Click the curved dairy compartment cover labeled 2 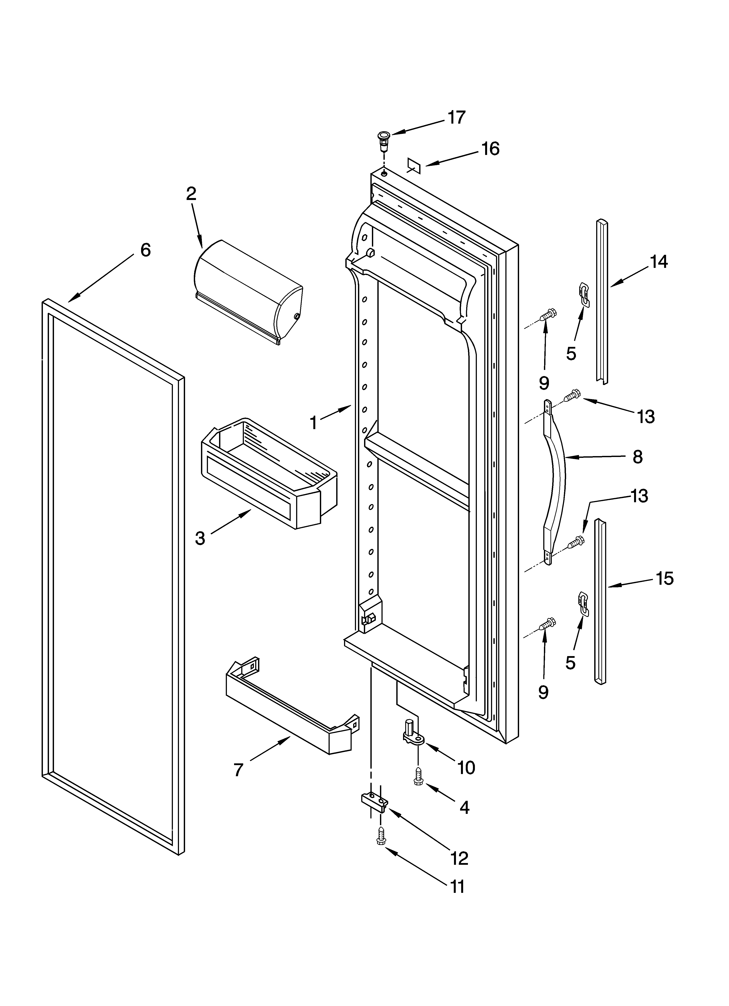point(249,291)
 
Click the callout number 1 point(314,423)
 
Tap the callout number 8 point(638,456)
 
